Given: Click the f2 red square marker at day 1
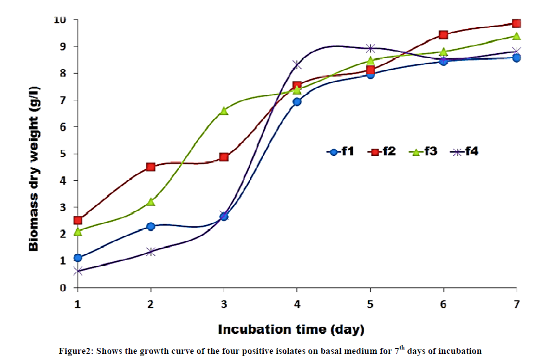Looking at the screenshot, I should point(78,220).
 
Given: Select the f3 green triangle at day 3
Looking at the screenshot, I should point(224,111).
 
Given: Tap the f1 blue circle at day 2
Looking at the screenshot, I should point(150,226).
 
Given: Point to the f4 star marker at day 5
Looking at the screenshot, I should point(370,48).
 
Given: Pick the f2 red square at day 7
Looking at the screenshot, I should point(516,23).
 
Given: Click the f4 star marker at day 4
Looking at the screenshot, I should point(297,65).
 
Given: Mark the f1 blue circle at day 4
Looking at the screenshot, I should point(297,102).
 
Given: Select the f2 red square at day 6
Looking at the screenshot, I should point(443,35).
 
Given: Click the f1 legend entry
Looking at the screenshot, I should point(340,151).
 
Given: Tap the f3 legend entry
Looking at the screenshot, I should point(424,151).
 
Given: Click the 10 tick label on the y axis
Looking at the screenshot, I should point(60,20).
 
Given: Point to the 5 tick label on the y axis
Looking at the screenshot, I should point(63,154).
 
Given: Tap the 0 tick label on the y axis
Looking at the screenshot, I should point(63,288).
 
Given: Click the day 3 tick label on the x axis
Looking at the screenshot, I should point(224,305).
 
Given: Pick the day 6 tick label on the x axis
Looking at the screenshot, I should point(443,305).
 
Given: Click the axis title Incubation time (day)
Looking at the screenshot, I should point(291,329).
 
